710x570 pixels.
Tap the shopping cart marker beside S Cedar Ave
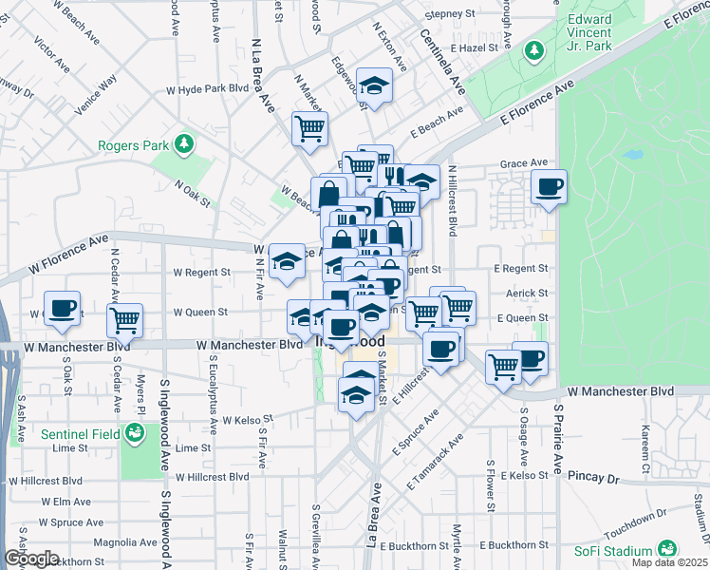point(124,321)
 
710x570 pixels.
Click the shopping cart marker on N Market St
point(309,128)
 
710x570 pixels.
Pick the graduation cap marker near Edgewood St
point(375,87)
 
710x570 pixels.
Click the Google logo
point(30,559)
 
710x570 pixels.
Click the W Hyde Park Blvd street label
point(207,88)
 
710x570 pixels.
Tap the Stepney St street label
point(450,15)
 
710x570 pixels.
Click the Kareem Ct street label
point(645,446)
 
